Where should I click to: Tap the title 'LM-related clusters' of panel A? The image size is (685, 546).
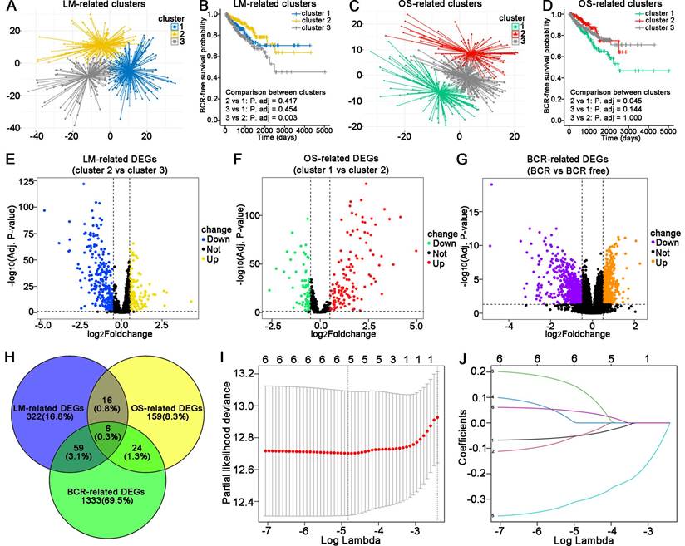point(82,7)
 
